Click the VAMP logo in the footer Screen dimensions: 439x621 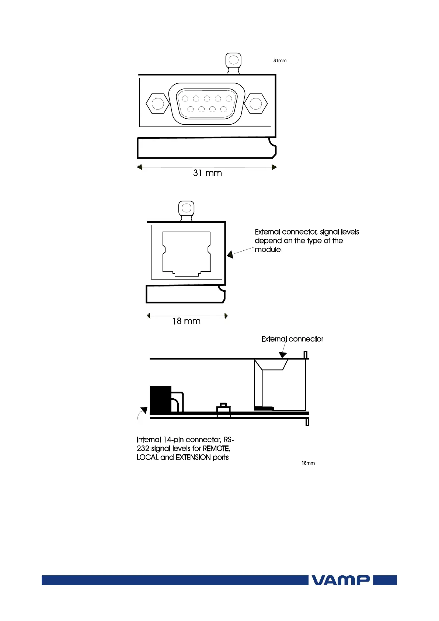pyautogui.click(x=341, y=580)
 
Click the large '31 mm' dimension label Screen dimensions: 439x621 pyautogui.click(x=208, y=173)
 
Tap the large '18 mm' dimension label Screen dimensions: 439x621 pyautogui.click(x=187, y=321)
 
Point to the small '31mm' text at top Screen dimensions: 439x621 pyautogui.click(x=280, y=60)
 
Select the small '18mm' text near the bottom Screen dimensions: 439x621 pyautogui.click(x=308, y=463)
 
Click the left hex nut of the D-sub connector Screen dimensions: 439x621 pyautogui.click(x=157, y=104)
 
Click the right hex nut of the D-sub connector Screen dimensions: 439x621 pyautogui.click(x=255, y=104)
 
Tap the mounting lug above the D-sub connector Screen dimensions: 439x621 pyautogui.click(x=233, y=61)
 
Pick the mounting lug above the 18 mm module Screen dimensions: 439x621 pyautogui.click(x=187, y=209)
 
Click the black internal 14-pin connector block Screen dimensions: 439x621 pyautogui.click(x=161, y=399)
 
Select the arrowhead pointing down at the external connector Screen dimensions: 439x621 pyautogui.click(x=283, y=355)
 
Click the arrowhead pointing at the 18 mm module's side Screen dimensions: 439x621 pyautogui.click(x=230, y=254)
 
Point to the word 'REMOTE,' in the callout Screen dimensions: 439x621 pyautogui.click(x=216, y=448)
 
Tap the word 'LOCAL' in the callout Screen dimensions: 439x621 pyautogui.click(x=147, y=457)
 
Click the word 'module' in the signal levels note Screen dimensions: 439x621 pyautogui.click(x=268, y=250)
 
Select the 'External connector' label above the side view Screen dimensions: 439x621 pyautogui.click(x=292, y=339)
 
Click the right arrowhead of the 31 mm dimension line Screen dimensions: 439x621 pyautogui.click(x=274, y=167)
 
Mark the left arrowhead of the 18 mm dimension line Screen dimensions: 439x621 pyautogui.click(x=149, y=316)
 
